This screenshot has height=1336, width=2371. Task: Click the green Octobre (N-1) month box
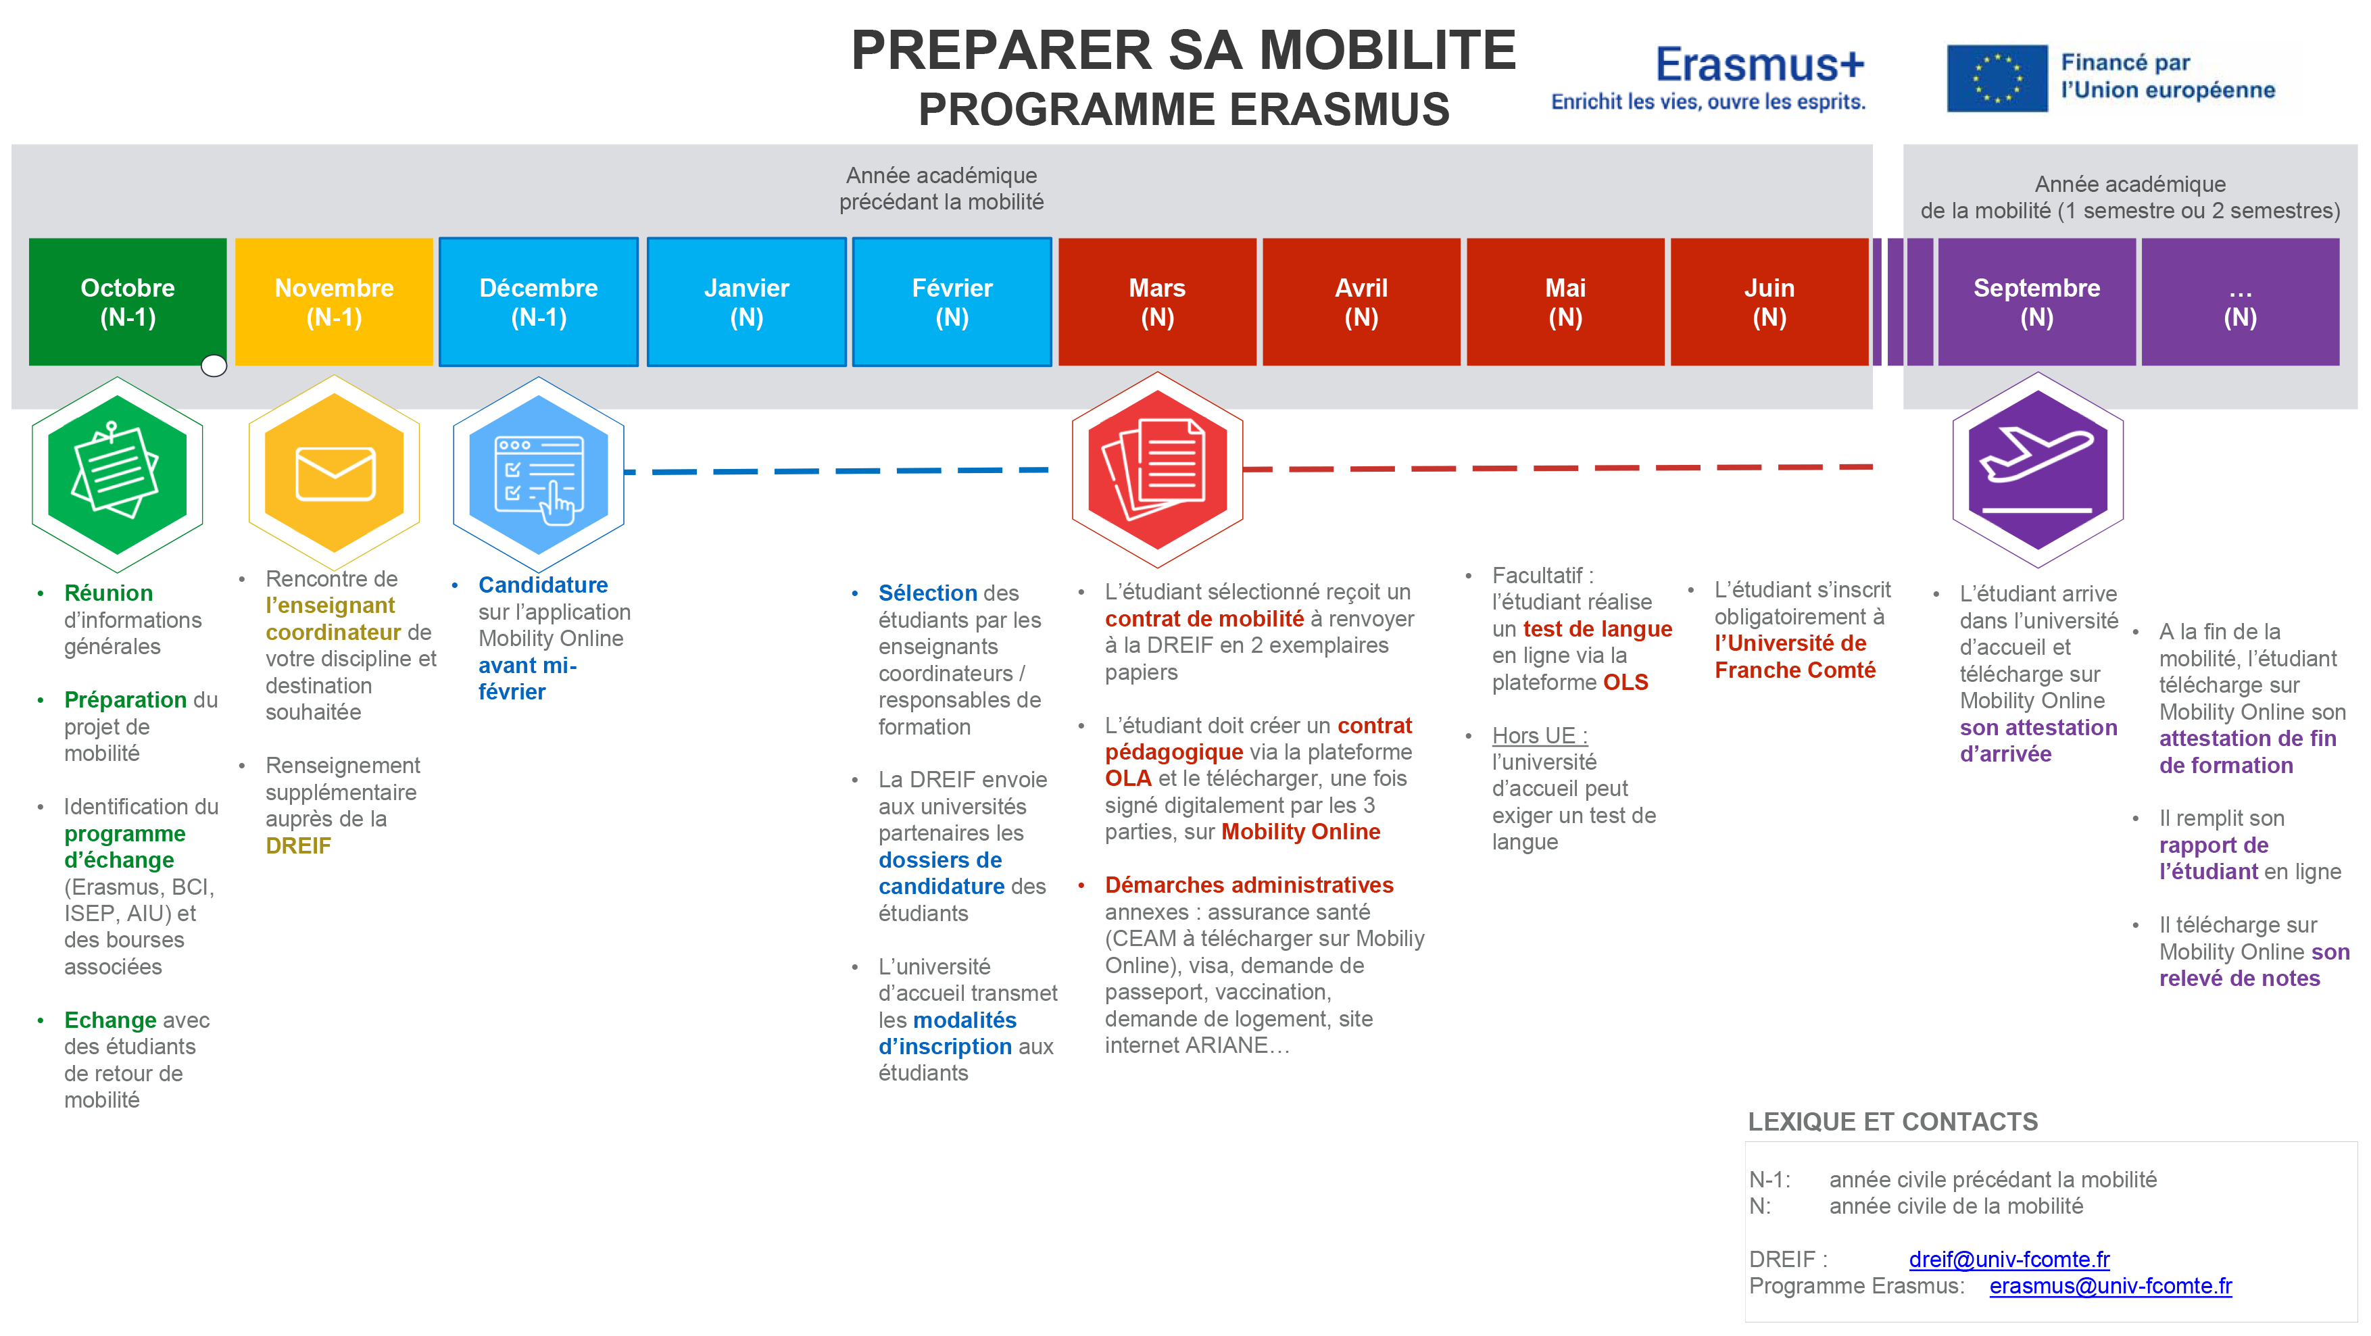(x=127, y=302)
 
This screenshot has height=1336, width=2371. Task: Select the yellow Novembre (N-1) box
(x=334, y=302)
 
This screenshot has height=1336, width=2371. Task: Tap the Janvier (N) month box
(x=746, y=302)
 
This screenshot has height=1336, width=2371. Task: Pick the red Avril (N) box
(x=1361, y=302)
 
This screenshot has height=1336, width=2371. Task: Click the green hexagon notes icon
(x=117, y=474)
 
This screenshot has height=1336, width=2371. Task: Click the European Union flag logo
(x=1997, y=78)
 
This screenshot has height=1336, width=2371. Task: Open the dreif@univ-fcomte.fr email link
(x=2009, y=1259)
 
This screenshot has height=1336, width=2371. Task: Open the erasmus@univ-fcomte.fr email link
(x=2111, y=1285)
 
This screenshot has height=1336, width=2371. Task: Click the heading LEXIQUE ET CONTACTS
(x=1892, y=1122)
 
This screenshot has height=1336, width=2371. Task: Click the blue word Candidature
(x=543, y=585)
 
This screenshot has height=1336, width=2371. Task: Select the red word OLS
(x=1626, y=683)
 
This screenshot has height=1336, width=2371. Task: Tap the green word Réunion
(x=109, y=593)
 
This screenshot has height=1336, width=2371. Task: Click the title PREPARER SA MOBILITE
(x=1183, y=50)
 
